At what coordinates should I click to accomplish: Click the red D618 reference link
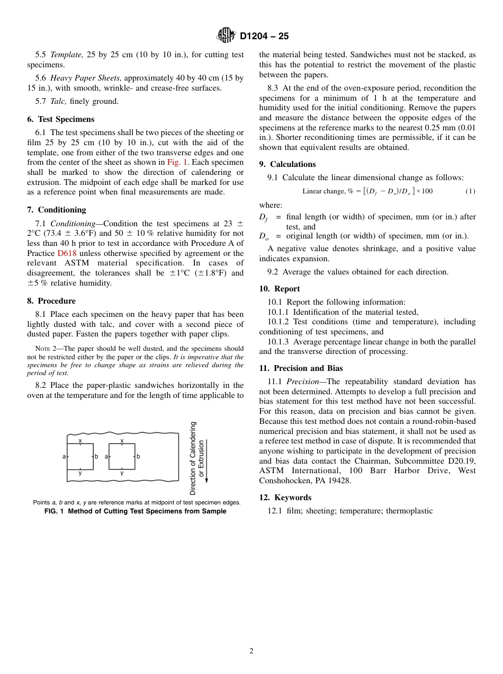click(66, 253)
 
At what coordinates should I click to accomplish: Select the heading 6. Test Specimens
click(60, 119)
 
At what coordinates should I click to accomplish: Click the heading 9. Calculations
click(287, 164)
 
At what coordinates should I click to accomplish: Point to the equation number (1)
click(470, 191)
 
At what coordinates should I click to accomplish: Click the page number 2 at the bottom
click(251, 651)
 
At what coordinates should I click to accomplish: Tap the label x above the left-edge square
click(80, 440)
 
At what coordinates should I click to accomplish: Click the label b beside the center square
click(138, 456)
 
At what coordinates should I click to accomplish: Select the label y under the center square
click(122, 473)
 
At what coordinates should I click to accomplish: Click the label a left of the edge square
click(64, 456)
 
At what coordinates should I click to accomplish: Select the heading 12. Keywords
click(285, 498)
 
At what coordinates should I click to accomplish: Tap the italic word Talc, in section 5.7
click(58, 101)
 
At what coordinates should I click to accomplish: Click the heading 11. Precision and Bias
click(300, 368)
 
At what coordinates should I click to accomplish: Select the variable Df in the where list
click(264, 217)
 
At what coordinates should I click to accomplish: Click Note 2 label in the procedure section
click(46, 349)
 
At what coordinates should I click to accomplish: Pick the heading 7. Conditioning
click(56, 210)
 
